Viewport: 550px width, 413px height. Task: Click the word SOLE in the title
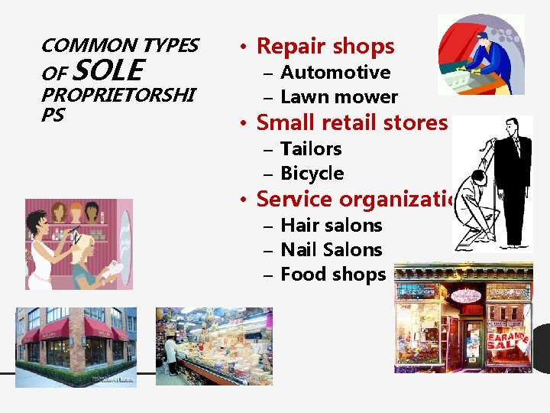point(108,71)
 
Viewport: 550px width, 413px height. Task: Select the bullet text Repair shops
point(325,46)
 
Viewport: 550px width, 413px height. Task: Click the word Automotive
point(335,73)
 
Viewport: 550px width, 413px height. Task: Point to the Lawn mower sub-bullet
point(339,97)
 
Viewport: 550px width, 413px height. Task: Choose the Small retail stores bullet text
point(351,122)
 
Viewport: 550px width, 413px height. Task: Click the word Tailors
point(311,149)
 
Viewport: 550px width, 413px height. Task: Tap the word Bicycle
point(312,174)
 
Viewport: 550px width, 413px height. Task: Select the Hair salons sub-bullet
point(332,226)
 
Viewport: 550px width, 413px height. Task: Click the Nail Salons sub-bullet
point(332,250)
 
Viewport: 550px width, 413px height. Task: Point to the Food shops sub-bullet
point(333,275)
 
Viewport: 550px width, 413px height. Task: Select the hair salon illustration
point(79,244)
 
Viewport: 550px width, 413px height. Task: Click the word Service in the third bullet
point(295,200)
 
